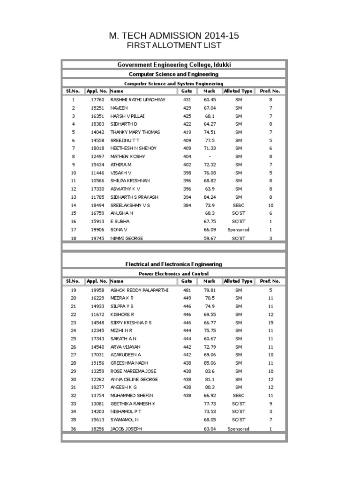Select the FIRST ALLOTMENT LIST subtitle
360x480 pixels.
click(174, 45)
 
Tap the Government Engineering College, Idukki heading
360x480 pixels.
click(174, 65)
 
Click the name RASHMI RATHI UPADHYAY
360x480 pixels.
click(138, 100)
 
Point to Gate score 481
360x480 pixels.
click(187, 290)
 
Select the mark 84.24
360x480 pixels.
click(210, 197)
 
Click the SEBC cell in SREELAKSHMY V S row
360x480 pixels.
click(239, 205)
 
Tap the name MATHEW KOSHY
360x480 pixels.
click(127, 157)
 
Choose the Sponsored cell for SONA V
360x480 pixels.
click(238, 230)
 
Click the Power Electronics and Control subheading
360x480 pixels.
click(174, 273)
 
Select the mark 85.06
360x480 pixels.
click(210, 363)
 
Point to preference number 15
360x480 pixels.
click(270, 322)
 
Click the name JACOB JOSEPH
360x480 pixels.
click(126, 429)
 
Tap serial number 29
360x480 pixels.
click(73, 371)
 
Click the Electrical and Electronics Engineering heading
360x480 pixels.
click(174, 264)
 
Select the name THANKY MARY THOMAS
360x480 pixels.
click(135, 132)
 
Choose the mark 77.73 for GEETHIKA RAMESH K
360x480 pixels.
click(210, 404)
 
